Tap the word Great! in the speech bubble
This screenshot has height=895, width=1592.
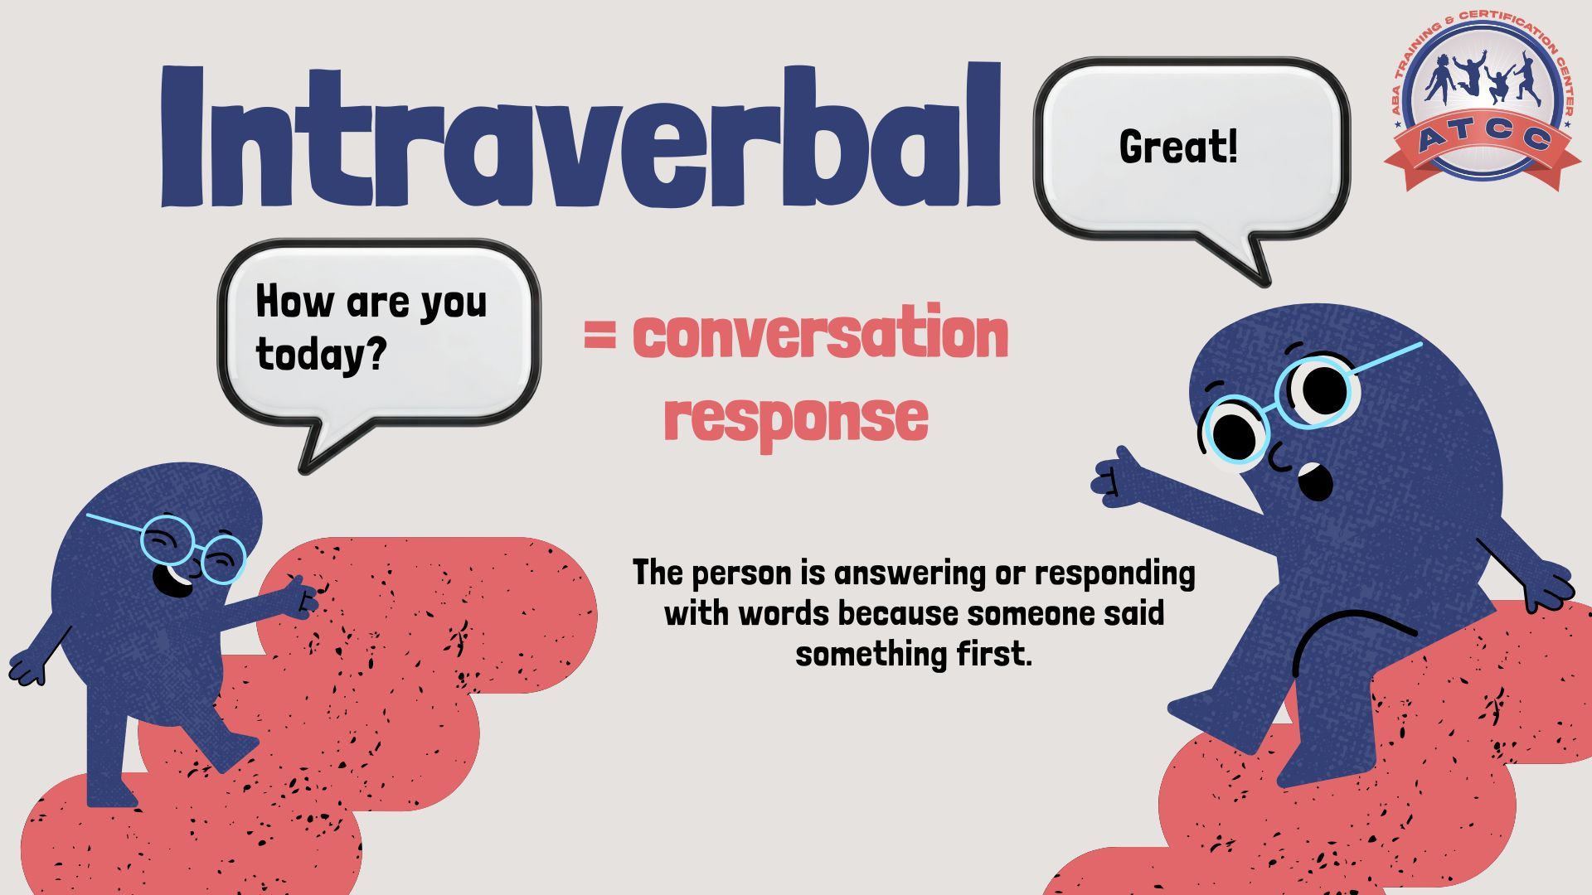click(1178, 147)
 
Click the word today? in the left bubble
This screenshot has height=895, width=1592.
click(321, 354)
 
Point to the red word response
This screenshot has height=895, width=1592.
click(796, 418)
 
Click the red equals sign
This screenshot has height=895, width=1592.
click(599, 336)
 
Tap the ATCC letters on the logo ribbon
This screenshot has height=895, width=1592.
click(1483, 137)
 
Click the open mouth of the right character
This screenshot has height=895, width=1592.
click(1314, 481)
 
